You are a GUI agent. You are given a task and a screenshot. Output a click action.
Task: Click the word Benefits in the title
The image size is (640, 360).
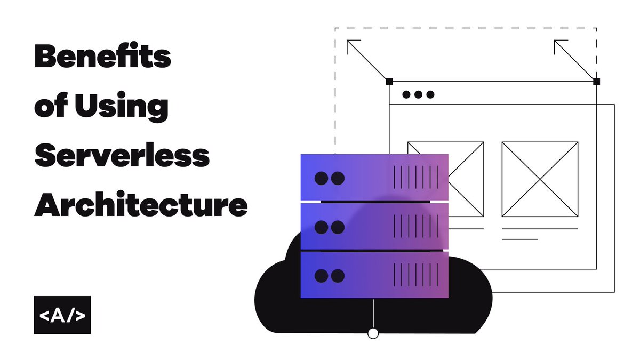102,57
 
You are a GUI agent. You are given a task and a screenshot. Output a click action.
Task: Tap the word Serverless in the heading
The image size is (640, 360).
122,155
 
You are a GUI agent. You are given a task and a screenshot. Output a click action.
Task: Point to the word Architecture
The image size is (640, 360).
141,205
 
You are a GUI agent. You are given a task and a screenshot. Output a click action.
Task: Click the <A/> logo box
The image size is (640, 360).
62,315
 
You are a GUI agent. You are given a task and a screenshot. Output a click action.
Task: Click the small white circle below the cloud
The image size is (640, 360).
373,333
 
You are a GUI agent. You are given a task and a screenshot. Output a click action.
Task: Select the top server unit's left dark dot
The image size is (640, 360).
321,178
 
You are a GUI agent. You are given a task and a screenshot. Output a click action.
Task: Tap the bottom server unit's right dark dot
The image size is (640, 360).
338,276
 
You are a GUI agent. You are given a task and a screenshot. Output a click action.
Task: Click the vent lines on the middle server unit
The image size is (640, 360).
416,227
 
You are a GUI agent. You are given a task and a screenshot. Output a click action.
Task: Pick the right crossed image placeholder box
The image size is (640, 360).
540,179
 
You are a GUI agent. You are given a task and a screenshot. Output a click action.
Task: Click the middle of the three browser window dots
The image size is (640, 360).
418,95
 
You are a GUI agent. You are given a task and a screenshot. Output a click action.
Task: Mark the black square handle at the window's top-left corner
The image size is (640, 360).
389,82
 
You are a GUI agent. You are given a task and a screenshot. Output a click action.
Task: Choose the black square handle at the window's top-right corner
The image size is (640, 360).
596,82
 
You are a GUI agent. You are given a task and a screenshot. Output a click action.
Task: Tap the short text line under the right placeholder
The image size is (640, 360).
519,239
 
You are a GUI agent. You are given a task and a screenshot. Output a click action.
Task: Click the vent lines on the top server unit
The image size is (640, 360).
416,177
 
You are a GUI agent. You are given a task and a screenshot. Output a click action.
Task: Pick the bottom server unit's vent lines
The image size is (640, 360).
416,275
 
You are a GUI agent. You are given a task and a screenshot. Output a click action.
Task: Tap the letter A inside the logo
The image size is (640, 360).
62,315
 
